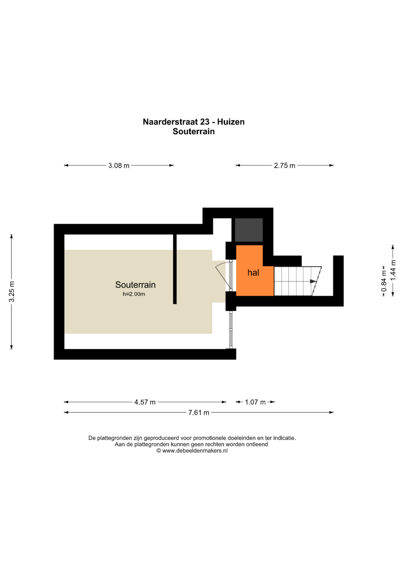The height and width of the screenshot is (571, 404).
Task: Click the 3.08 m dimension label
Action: (x=119, y=166)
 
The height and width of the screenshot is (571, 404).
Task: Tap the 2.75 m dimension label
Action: (x=284, y=166)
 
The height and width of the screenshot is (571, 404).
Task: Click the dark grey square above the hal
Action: (x=249, y=230)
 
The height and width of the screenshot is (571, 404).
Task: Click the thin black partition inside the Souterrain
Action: (x=175, y=269)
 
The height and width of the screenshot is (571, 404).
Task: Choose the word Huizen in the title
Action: (x=231, y=122)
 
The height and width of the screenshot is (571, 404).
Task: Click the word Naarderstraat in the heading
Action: (x=170, y=122)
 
